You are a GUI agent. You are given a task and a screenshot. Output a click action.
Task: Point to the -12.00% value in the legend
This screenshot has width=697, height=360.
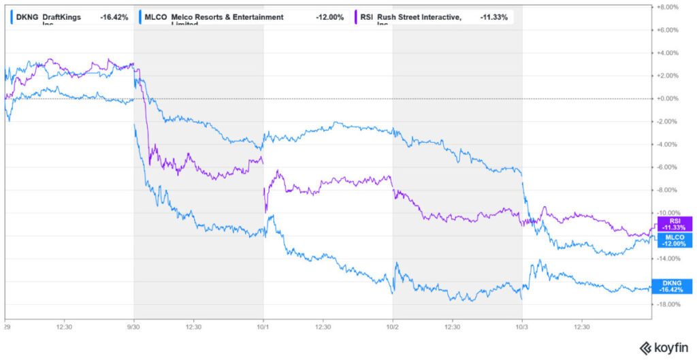coord(329,17)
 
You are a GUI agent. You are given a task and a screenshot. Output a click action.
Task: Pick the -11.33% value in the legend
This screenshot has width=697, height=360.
coord(494,17)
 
